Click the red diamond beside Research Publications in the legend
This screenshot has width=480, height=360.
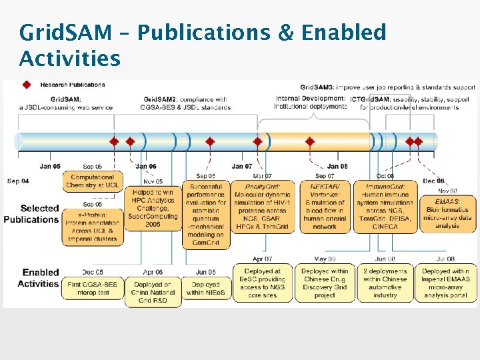pyautogui.click(x=27, y=85)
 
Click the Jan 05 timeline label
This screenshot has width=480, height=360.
pyautogui.click(x=50, y=167)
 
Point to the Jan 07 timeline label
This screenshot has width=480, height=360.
pyautogui.click(x=242, y=167)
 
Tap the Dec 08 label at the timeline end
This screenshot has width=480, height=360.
pyautogui.click(x=434, y=181)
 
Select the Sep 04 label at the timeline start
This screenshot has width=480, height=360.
pyautogui.click(x=18, y=181)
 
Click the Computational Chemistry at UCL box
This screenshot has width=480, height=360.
pyautogui.click(x=93, y=181)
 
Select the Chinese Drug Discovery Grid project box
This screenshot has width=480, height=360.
pyautogui.click(x=325, y=283)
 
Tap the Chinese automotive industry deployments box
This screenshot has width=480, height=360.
pyautogui.click(x=385, y=283)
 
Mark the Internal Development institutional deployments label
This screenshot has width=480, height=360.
pyautogui.click(x=311, y=102)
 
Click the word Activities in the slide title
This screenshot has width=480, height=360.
pyautogui.click(x=70, y=59)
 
